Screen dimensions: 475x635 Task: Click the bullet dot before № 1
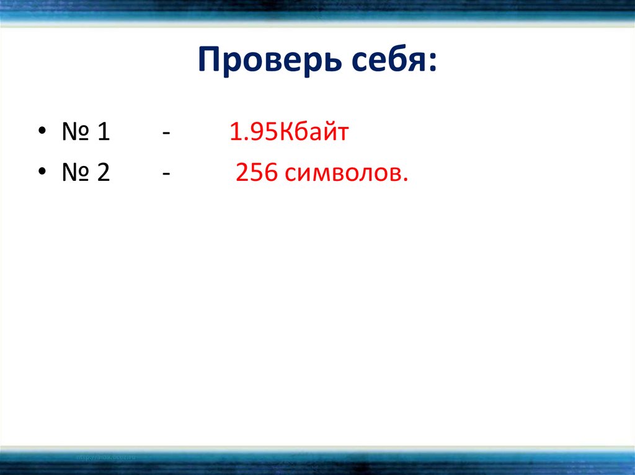[42, 133]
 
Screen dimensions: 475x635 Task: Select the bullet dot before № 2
[42, 174]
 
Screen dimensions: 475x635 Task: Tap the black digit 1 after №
[104, 133]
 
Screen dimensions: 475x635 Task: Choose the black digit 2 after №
[103, 174]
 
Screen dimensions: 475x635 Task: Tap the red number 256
[256, 174]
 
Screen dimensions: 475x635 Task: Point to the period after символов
[406, 181]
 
